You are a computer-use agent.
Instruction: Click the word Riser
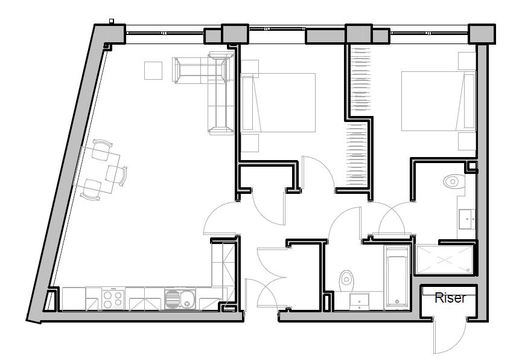coord(450,298)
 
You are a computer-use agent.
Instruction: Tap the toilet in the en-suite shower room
coord(452,181)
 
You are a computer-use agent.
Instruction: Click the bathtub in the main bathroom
coord(397,277)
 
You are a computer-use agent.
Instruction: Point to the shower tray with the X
coord(445,260)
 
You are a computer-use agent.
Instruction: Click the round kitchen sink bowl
coord(188,298)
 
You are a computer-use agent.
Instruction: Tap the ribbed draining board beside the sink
coord(172,298)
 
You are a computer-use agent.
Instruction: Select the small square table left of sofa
coord(153,71)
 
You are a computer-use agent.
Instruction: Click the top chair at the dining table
coord(101,149)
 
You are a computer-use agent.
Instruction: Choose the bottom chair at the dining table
coord(91,190)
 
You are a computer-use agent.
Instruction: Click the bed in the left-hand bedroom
coord(278,103)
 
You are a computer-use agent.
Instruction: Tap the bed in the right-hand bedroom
coord(438,101)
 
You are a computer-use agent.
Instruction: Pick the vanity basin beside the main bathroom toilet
coord(360,301)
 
